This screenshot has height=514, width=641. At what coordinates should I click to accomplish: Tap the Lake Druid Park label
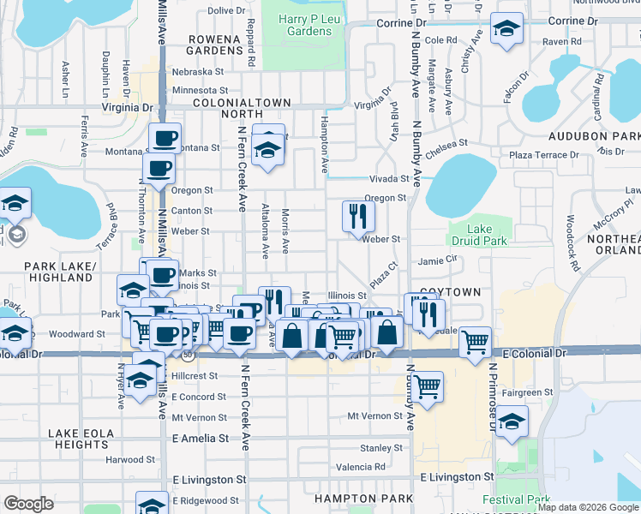coord(480,235)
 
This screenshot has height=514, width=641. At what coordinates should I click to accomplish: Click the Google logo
coord(29,503)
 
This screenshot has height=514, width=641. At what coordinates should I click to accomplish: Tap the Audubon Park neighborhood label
coord(602,136)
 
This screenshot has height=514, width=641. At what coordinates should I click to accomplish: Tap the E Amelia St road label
coord(201,438)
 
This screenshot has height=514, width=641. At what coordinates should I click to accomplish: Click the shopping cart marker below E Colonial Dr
coord(426,385)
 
